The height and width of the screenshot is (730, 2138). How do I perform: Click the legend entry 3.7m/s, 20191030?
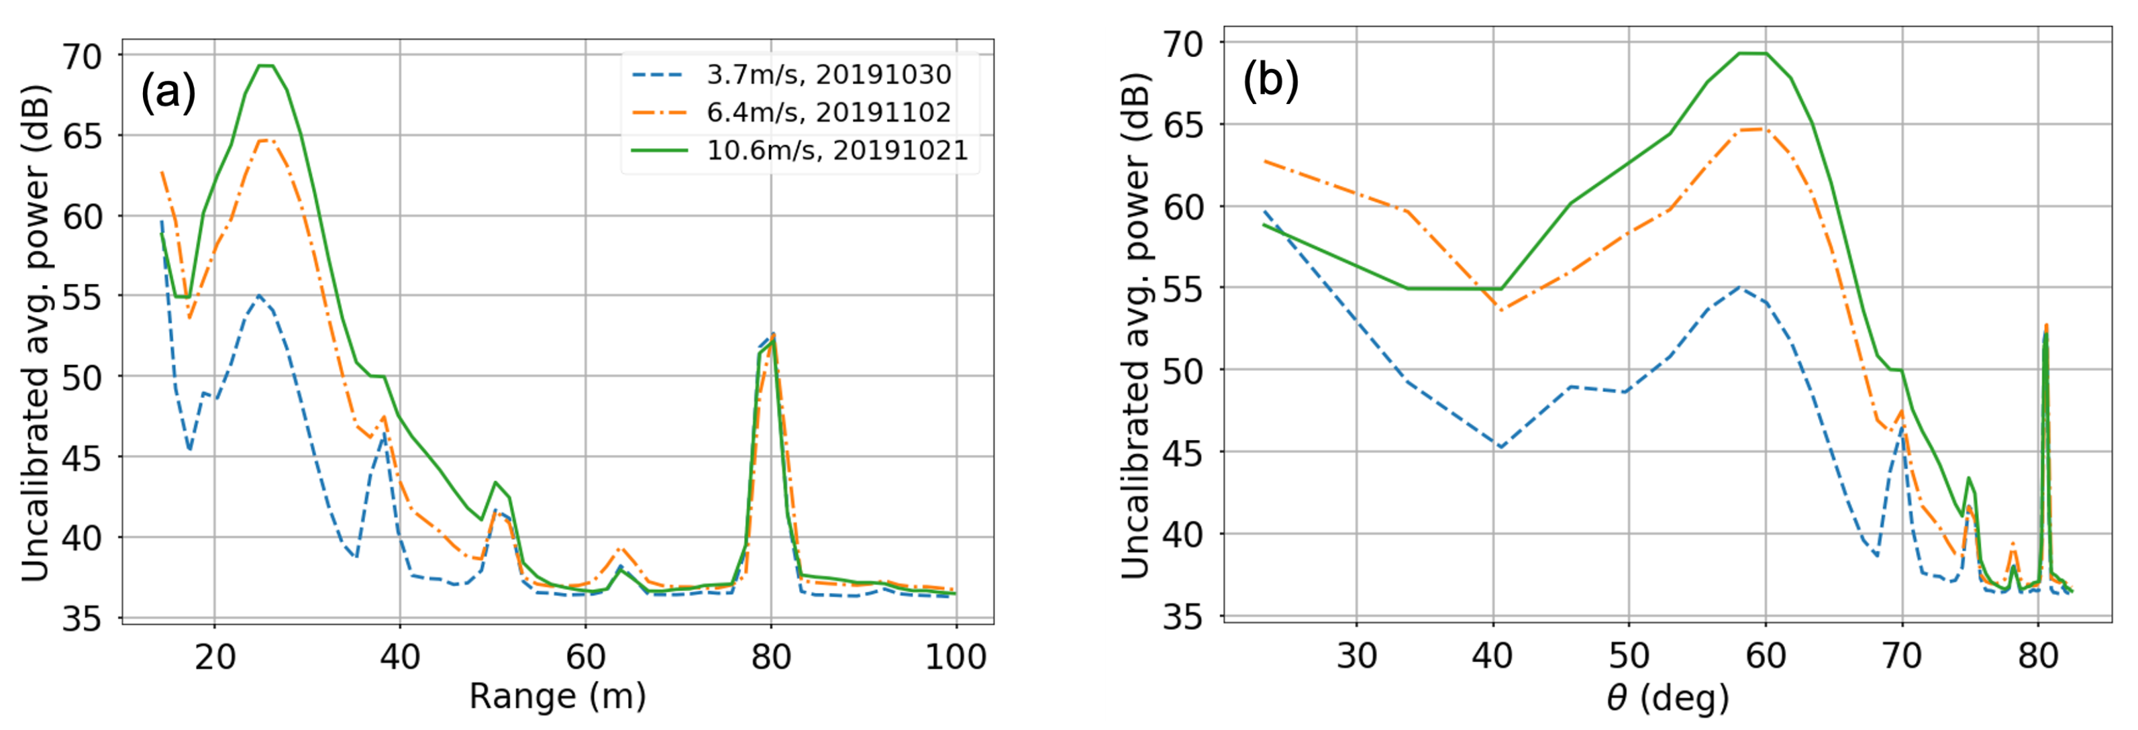coord(828,74)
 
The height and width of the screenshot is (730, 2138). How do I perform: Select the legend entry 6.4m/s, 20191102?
coord(828,112)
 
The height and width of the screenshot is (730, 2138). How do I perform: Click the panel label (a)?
coord(168,92)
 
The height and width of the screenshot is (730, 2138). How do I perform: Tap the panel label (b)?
coord(1270,81)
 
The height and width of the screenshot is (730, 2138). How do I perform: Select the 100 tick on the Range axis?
coord(956,657)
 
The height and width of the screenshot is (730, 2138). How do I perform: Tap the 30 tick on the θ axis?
coord(1356,656)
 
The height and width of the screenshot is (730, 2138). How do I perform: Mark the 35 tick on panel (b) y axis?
coord(1182,617)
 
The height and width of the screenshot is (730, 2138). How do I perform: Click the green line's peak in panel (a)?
coord(266,66)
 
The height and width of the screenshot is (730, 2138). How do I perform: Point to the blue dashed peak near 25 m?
coord(259,295)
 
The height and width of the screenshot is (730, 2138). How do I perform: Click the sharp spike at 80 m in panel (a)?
coord(772,334)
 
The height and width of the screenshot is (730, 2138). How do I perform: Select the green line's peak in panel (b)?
coord(1751,53)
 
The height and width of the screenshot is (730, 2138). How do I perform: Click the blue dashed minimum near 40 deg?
coord(1500,447)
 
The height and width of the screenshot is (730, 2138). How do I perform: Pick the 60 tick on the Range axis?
coord(585,657)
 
